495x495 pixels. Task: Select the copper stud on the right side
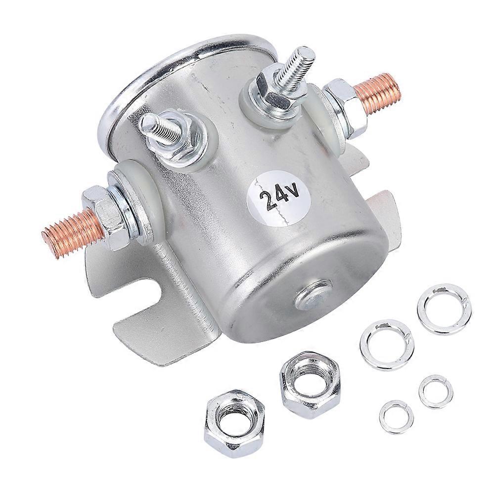coord(379,92)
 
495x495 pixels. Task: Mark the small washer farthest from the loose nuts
coord(436,390)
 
